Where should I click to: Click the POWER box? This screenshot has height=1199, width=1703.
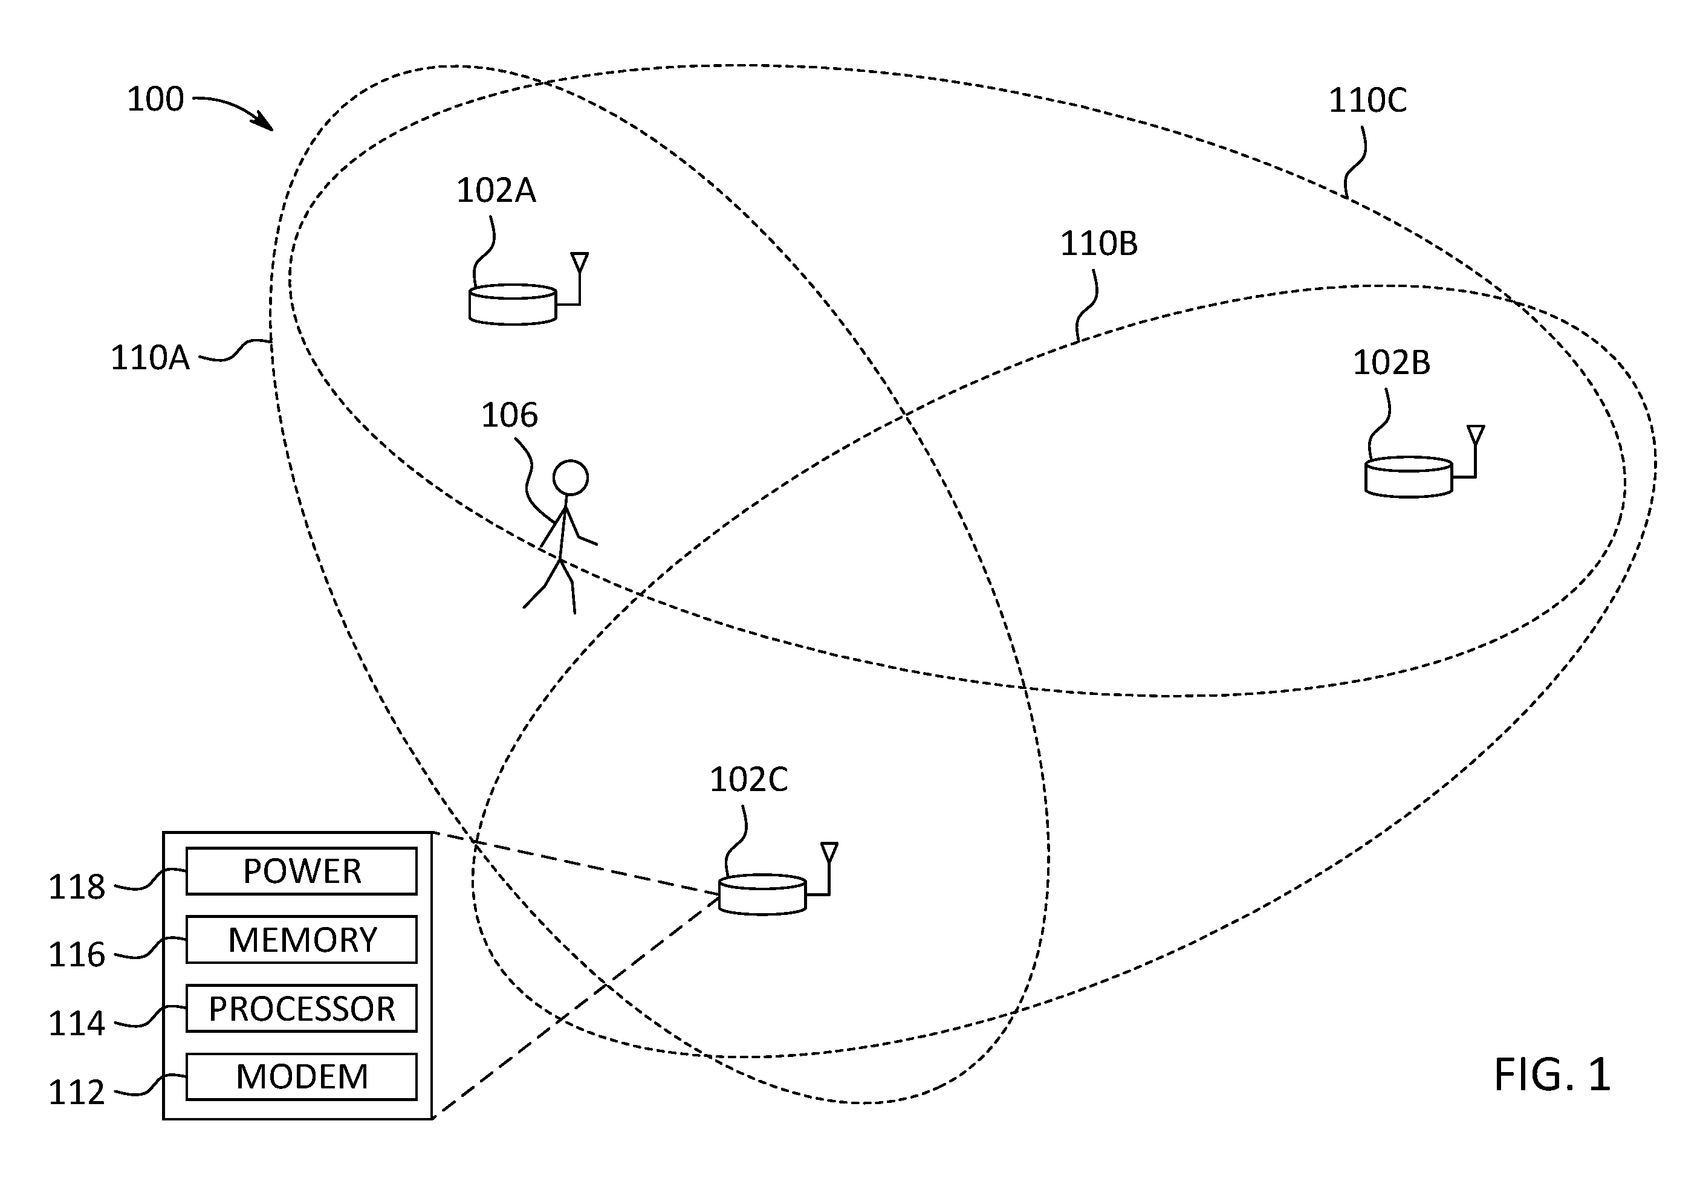click(x=301, y=871)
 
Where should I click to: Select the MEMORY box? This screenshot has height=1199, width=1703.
click(x=301, y=940)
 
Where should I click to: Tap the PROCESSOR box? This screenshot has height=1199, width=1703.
click(x=301, y=1009)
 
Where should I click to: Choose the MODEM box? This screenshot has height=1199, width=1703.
click(x=301, y=1077)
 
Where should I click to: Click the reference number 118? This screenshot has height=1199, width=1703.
click(x=76, y=887)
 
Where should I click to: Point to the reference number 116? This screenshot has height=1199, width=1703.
click(x=76, y=955)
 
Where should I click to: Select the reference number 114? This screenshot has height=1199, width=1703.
click(x=76, y=1024)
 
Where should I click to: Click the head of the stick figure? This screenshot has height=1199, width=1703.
click(x=570, y=478)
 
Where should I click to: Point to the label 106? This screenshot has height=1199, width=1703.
click(x=510, y=415)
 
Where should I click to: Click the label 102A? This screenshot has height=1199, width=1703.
click(x=496, y=190)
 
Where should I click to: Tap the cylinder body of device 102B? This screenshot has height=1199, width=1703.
click(x=1409, y=477)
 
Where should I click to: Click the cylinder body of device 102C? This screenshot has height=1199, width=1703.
click(x=762, y=894)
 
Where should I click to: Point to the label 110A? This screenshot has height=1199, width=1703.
click(x=150, y=358)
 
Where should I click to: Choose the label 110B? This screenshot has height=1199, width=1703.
click(x=1098, y=244)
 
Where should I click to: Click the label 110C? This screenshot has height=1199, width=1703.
click(x=1367, y=101)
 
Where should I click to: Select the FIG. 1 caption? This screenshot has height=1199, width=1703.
click(x=1552, y=1075)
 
